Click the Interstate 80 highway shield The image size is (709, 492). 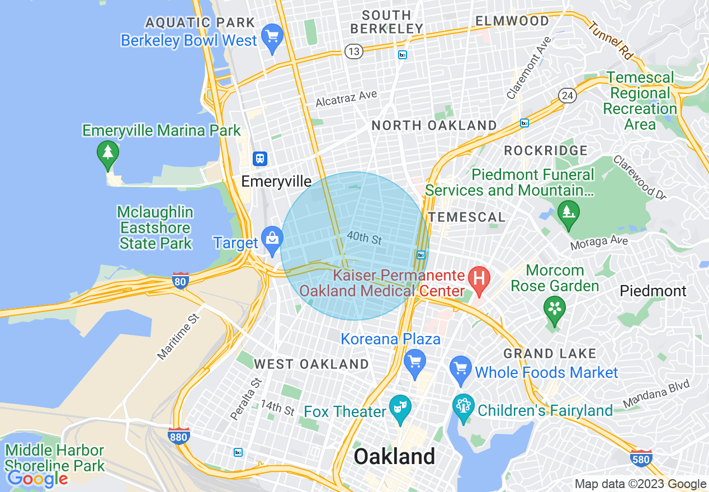pos(180,282)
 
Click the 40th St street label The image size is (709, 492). pos(364,238)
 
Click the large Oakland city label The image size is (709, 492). pos(394,456)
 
